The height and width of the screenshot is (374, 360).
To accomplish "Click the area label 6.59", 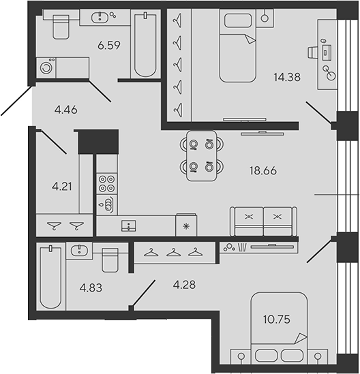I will [x=108, y=46].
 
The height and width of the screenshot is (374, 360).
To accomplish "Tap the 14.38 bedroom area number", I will [x=286, y=77].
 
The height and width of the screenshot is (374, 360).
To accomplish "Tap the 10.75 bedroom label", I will [x=276, y=317].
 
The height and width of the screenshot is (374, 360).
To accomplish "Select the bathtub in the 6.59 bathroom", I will [x=145, y=45].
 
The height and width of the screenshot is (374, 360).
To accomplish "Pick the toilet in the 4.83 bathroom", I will [x=110, y=260].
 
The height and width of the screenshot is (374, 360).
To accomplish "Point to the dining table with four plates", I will [x=200, y=155].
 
